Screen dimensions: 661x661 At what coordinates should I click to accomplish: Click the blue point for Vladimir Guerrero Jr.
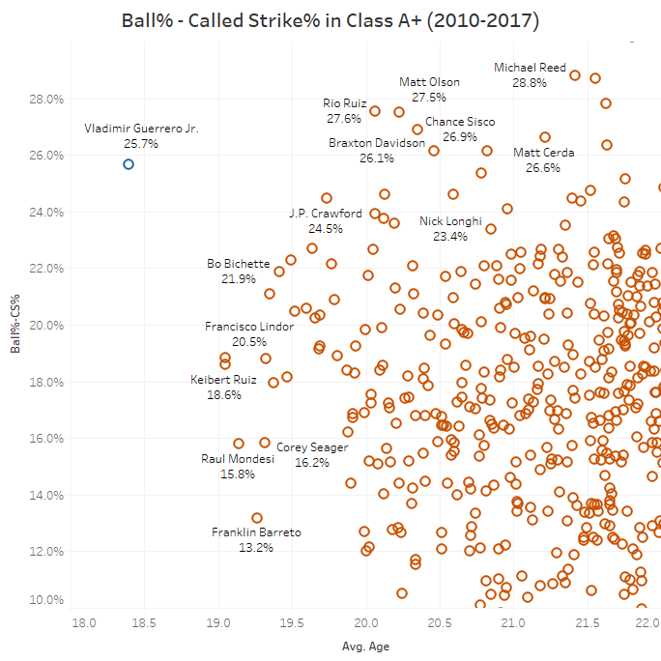click(x=129, y=164)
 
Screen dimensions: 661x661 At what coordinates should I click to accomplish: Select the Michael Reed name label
click(x=530, y=69)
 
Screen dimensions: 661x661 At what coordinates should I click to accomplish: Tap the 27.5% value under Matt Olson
click(x=429, y=98)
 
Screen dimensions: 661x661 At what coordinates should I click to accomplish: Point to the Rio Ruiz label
click(x=345, y=104)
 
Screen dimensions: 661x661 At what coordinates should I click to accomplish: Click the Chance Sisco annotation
click(x=460, y=122)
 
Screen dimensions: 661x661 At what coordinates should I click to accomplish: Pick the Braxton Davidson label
click(x=377, y=143)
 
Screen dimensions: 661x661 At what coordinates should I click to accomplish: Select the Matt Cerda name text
click(x=544, y=153)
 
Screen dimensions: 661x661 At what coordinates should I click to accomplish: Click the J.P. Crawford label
click(x=326, y=214)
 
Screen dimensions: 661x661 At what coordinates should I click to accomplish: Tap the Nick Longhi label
click(x=450, y=221)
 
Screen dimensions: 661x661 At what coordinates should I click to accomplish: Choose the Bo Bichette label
click(x=232, y=264)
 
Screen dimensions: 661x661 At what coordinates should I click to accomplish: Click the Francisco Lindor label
click(x=249, y=327)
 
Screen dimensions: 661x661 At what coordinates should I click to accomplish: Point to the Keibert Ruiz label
click(x=224, y=381)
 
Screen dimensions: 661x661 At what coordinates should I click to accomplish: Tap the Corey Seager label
click(x=312, y=448)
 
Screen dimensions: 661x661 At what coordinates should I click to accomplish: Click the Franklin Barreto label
click(x=256, y=532)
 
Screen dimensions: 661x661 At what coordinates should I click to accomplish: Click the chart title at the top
click(x=330, y=19)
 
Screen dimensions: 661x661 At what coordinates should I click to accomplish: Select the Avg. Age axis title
click(x=365, y=647)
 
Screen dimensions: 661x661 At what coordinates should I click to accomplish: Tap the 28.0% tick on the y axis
click(x=44, y=99)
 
